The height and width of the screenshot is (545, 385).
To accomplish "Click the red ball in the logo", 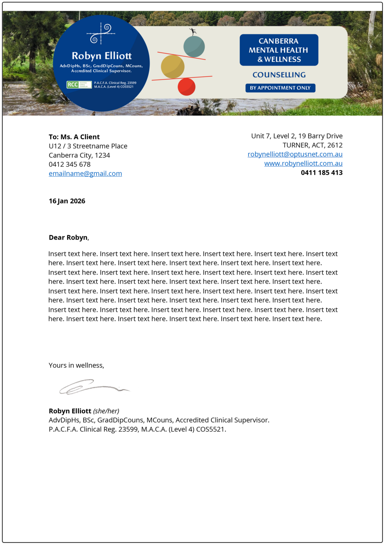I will point(186,87).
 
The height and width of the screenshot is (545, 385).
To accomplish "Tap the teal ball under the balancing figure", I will point(194,47).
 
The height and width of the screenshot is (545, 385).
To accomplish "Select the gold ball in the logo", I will point(173,67).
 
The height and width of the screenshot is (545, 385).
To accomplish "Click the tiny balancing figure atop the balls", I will point(193,32).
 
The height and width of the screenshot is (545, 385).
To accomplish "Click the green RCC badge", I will point(79,85).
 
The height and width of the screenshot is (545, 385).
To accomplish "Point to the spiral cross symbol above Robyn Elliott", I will point(101,33).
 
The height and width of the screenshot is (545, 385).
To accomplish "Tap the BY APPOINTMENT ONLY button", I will point(280,88).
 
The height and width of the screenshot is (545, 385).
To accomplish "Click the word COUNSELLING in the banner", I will point(279,75).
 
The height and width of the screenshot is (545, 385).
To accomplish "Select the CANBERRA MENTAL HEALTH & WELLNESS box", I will point(279,50).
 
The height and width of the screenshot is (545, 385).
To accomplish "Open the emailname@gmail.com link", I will point(85,173).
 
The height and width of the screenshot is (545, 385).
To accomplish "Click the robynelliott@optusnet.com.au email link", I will point(295,154).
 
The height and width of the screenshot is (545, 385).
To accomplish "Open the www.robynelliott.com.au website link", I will point(303,163).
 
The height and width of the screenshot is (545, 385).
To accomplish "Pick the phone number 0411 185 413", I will point(321,173).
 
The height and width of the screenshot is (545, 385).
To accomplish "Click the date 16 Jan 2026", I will point(67,201).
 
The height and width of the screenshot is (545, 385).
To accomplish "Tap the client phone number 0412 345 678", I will point(70,164).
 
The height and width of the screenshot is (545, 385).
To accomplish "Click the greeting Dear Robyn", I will point(68,237).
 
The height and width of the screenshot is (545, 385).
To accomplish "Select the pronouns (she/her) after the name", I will point(106,411).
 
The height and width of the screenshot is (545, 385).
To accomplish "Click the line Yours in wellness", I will point(76,365).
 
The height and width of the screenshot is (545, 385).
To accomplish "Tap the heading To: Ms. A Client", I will point(74,137).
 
